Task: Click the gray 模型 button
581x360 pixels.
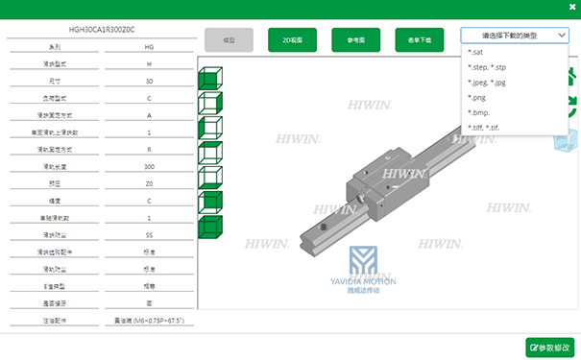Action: coord(229,40)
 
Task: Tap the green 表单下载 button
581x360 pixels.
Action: coord(420,40)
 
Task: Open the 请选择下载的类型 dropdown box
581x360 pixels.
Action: coord(514,36)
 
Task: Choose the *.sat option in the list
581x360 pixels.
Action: coord(477,52)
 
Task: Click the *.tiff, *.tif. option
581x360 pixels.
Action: coord(484,128)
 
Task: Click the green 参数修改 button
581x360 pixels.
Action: coord(550,347)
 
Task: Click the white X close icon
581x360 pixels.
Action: coord(570,10)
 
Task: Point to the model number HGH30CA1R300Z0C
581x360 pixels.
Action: coord(102,30)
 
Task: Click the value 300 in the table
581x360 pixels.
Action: coord(149,166)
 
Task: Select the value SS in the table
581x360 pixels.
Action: coord(149,233)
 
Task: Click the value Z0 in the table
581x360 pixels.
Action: coord(149,183)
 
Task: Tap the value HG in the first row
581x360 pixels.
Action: coord(149,47)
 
